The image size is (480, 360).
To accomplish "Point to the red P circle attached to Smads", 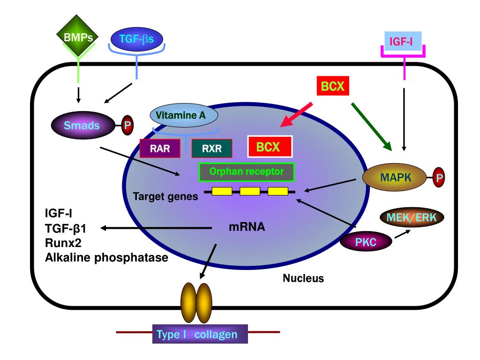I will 127,126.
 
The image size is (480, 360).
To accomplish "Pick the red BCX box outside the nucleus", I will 332,85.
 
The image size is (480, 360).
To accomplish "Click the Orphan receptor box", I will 247,172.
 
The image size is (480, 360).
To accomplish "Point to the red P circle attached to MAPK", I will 439,178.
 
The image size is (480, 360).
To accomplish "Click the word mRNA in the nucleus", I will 247,227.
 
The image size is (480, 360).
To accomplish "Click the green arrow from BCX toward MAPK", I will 372,125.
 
